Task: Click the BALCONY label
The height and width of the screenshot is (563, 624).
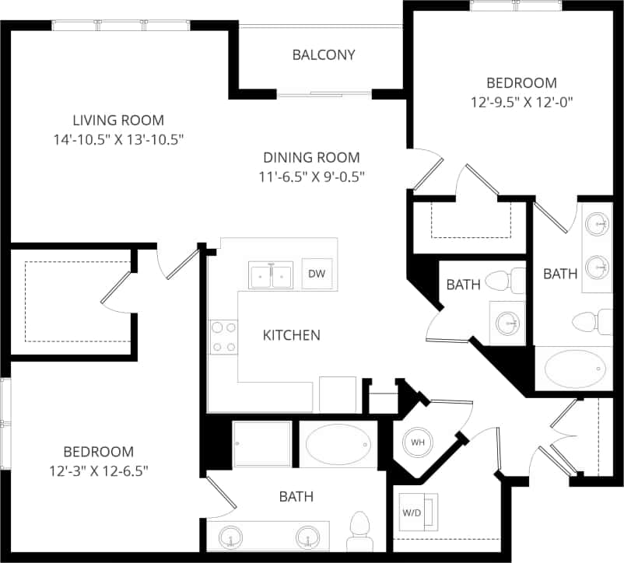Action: coord(324,54)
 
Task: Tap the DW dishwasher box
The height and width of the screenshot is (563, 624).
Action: coord(316,274)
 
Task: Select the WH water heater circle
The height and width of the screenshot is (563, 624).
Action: coord(418,442)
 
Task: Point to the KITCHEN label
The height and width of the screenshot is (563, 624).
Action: coord(291,335)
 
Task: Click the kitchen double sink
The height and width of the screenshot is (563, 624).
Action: coord(270,275)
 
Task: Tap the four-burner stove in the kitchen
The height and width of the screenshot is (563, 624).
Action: coord(223,337)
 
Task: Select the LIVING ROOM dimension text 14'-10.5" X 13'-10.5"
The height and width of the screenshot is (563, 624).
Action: coord(118,139)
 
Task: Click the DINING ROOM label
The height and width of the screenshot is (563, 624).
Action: coord(311,157)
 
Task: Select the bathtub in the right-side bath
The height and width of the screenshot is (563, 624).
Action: coord(574,368)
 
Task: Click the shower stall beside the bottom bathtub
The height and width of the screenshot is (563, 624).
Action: coord(262,445)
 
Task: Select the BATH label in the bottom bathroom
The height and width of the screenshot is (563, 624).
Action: coord(296,496)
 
